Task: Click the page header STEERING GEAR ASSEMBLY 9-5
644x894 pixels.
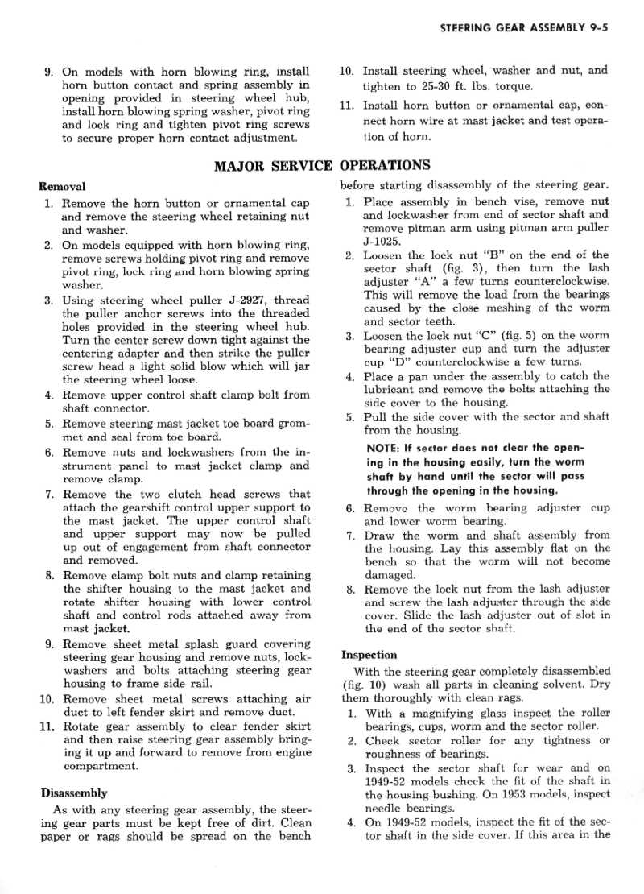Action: [x=523, y=27]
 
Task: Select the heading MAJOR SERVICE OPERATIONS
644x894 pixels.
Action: [x=322, y=166]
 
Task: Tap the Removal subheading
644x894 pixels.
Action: [x=62, y=186]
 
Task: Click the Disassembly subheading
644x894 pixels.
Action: [x=73, y=793]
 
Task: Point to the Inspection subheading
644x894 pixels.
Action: [x=369, y=655]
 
